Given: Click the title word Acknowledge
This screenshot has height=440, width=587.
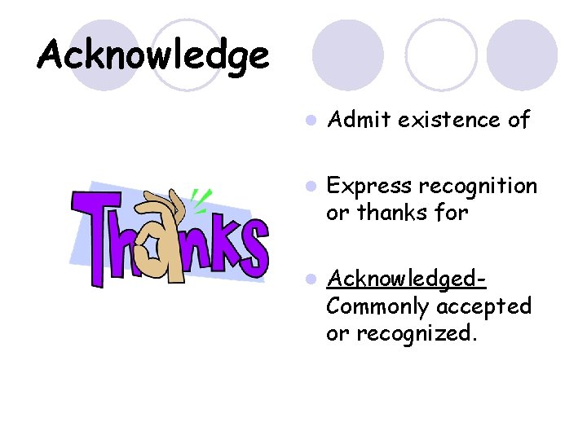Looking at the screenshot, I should pos(152,55).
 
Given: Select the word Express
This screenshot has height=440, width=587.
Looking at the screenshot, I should pos(369,187).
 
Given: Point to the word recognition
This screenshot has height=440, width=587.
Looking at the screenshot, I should pos(478,187).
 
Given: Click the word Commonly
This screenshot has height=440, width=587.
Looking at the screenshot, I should pos(378,306).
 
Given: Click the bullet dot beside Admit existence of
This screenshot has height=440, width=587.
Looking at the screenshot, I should pos(310,121).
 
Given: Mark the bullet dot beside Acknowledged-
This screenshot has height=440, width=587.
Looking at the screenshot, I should pos(310,279).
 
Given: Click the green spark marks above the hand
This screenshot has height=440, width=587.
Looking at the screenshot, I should pos(200,196).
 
